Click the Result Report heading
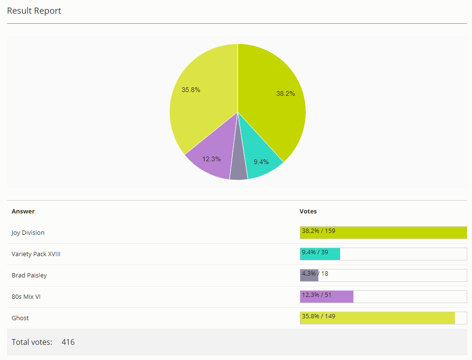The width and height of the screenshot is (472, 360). click(x=34, y=11)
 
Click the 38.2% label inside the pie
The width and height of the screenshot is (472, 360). click(x=286, y=93)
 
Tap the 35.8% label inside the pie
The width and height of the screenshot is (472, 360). click(x=191, y=90)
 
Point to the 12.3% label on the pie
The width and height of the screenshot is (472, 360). click(x=211, y=159)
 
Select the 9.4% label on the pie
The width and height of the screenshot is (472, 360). click(x=261, y=162)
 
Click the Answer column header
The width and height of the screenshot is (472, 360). click(x=23, y=212)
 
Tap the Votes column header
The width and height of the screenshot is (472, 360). click(x=308, y=212)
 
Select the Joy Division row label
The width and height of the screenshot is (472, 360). click(x=28, y=233)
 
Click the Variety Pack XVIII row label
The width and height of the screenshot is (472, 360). click(x=36, y=254)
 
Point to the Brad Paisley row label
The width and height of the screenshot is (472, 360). click(x=29, y=276)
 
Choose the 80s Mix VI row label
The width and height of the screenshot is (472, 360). click(x=26, y=297)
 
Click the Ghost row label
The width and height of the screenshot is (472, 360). click(x=20, y=318)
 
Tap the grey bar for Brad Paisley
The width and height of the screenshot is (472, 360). click(x=309, y=276)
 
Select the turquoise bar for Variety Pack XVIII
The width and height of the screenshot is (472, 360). click(x=320, y=254)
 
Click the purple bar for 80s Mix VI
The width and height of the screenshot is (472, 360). click(x=327, y=297)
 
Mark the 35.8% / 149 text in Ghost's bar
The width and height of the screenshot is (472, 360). click(x=318, y=316)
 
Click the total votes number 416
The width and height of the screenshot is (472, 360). click(x=68, y=342)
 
